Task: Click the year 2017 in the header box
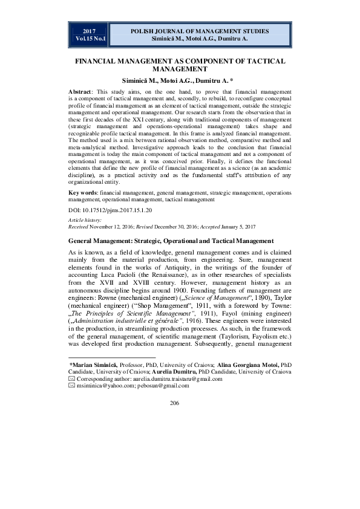pyautogui.click(x=90, y=31)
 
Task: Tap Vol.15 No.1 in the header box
pyautogui.click(x=90, y=39)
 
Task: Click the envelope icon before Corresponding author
pyautogui.click(x=72, y=379)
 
